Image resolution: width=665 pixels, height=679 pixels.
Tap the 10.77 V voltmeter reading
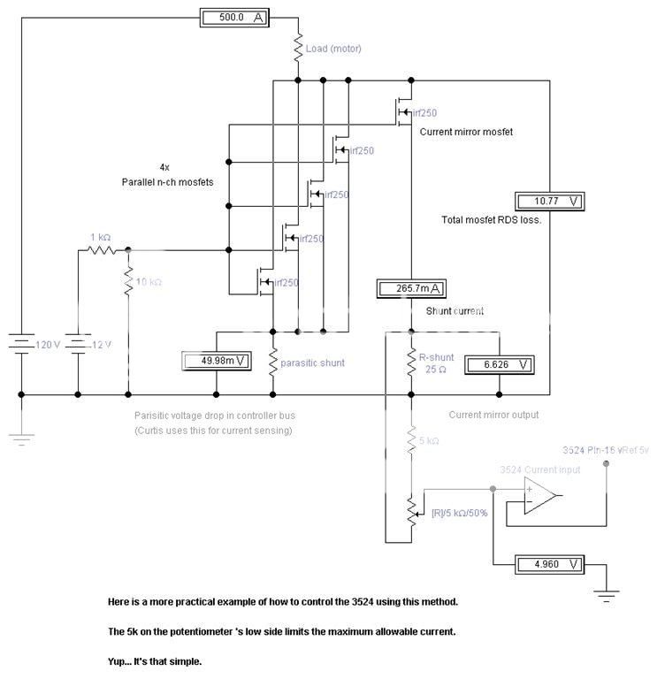[549, 201]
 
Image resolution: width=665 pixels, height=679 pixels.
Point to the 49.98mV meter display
[216, 360]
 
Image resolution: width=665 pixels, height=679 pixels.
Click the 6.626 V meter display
[497, 363]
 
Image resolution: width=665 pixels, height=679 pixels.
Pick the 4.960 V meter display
[549, 563]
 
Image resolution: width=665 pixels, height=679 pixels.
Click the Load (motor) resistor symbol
[298, 49]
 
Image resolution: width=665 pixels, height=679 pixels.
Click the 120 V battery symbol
[21, 344]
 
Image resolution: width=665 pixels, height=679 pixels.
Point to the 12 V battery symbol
[78, 344]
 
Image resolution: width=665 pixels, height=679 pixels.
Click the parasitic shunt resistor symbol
[273, 362]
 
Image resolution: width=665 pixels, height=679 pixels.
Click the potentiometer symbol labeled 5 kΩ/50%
[411, 509]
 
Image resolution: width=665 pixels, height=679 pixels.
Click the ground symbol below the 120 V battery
[21, 432]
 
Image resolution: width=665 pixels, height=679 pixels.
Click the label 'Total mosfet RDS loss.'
[490, 220]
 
